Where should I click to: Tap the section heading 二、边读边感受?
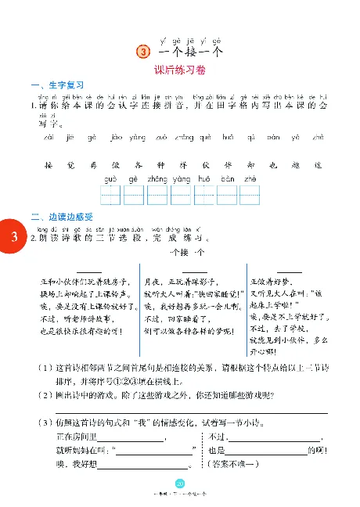point(62,217)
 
